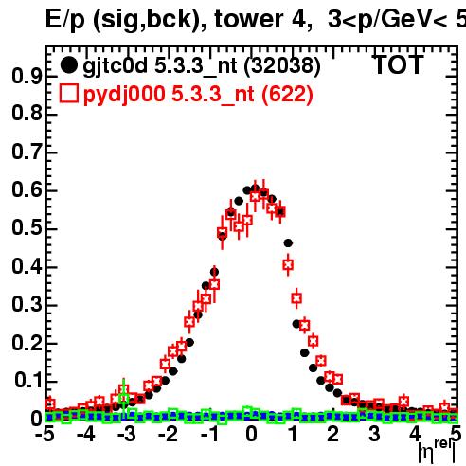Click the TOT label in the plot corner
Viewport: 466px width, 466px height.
pyautogui.click(x=398, y=64)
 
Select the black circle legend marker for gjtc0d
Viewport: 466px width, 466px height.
pyautogui.click(x=68, y=65)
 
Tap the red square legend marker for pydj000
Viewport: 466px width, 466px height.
pyautogui.click(x=68, y=94)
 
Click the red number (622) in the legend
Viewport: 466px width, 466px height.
pyautogui.click(x=287, y=94)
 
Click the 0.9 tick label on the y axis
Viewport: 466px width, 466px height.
pyautogui.click(x=27, y=76)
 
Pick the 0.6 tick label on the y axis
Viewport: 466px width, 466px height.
pyautogui.click(x=27, y=190)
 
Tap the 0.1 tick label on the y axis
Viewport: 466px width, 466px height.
pyautogui.click(x=27, y=381)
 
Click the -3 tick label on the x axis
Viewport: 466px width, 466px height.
pyautogui.click(x=126, y=435)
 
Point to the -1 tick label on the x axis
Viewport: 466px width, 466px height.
pyautogui.click(x=209, y=435)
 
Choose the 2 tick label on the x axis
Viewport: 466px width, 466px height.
pyautogui.click(x=333, y=435)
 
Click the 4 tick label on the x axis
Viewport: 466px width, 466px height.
pyautogui.click(x=416, y=435)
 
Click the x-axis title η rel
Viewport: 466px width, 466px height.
pyautogui.click(x=437, y=452)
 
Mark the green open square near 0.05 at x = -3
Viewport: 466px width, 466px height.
pyautogui.click(x=124, y=398)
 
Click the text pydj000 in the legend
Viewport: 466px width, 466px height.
pyautogui.click(x=124, y=95)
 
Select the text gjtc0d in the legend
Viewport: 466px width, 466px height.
pyautogui.click(x=115, y=66)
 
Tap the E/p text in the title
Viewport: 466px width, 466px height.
pyautogui.click(x=65, y=20)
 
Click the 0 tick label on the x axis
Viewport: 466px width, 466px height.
pyautogui.click(x=251, y=435)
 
